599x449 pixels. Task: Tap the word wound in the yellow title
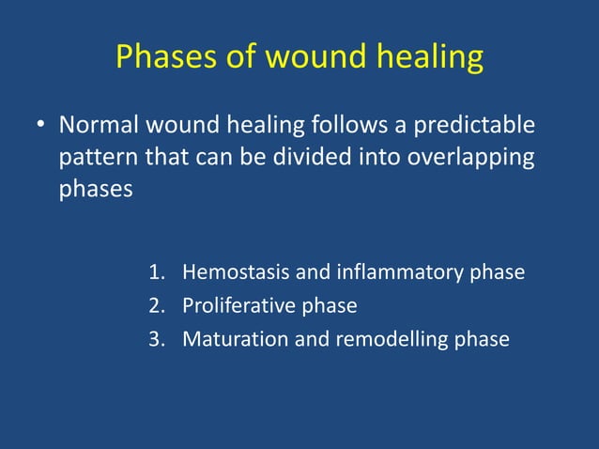311,58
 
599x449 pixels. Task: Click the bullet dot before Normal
39,126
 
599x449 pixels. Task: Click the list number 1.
156,273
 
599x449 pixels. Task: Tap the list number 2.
156,306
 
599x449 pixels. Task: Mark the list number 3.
156,339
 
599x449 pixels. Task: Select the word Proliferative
238,306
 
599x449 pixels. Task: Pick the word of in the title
242,58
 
